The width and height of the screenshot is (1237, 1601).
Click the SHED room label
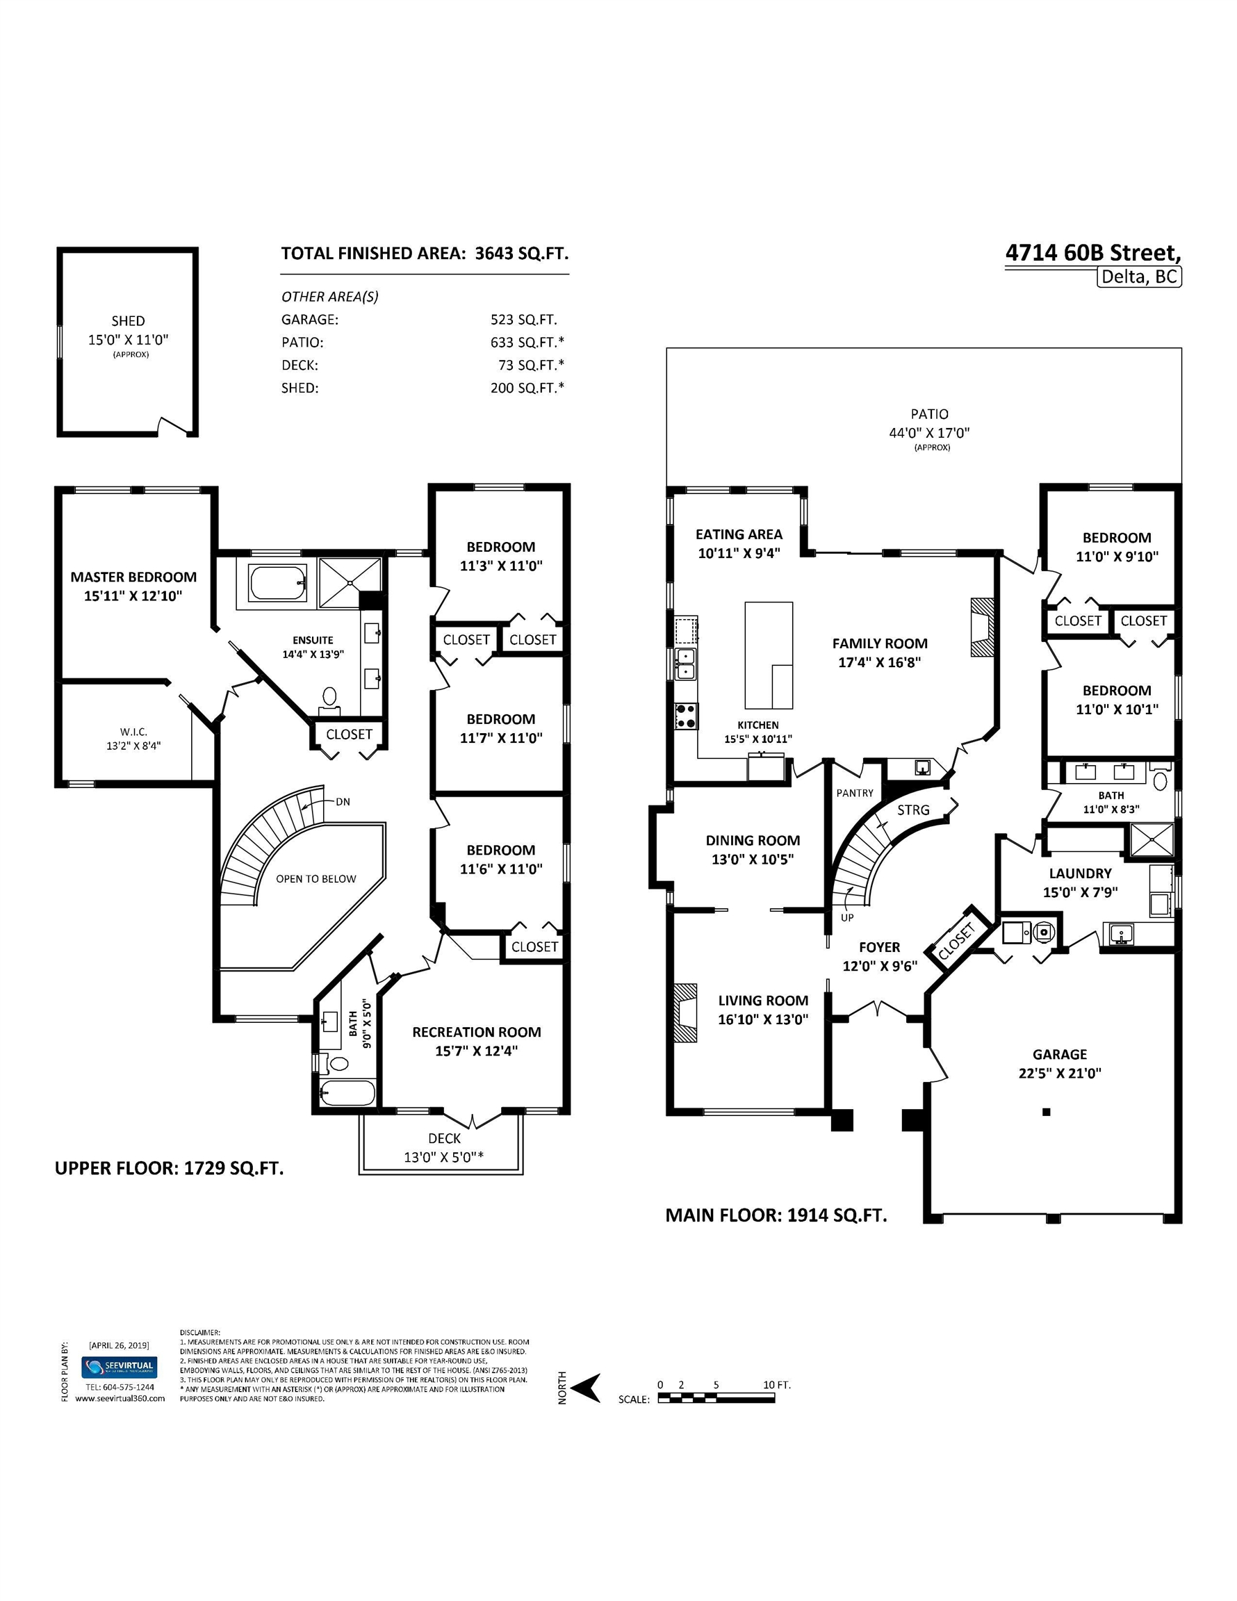(128, 321)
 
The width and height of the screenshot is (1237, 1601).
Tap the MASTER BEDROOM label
(133, 577)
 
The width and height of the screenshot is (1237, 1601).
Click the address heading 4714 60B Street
(1092, 253)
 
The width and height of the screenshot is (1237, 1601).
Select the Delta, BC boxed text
(1140, 277)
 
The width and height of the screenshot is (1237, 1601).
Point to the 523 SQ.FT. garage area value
(523, 320)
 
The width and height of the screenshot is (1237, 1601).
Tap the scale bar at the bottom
(716, 1398)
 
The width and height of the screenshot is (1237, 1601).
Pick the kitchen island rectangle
(769, 655)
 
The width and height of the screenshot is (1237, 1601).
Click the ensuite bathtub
(277, 583)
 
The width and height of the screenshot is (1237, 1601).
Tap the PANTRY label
(855, 793)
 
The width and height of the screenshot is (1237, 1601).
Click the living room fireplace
(687, 1012)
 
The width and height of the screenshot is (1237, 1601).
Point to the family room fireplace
(983, 627)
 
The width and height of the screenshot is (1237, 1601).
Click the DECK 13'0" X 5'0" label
(443, 1148)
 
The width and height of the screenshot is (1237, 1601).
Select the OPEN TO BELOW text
(316, 879)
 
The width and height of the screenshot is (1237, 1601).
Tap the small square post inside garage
(1047, 1112)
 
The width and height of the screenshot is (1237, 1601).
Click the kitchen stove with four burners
(687, 716)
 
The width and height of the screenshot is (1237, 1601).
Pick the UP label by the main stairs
(847, 918)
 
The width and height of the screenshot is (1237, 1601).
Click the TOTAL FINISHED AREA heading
(373, 254)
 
